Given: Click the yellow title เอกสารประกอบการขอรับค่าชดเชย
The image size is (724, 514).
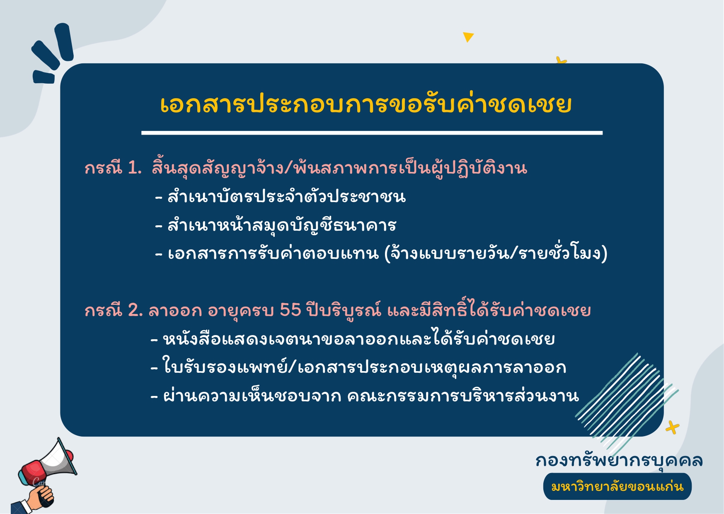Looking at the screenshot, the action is pyautogui.click(x=366, y=104).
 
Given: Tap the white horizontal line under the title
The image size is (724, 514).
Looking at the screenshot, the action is pyautogui.click(x=372, y=133).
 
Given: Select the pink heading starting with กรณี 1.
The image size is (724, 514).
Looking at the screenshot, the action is pyautogui.click(x=306, y=168).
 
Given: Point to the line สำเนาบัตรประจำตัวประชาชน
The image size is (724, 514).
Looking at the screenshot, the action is pyautogui.click(x=281, y=196).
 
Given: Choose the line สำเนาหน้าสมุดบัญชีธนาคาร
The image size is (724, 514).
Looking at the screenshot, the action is pyautogui.click(x=276, y=225).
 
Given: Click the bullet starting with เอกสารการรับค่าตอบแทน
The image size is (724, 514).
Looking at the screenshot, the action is pyautogui.click(x=381, y=253).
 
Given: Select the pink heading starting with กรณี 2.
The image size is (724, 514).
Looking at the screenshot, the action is pyautogui.click(x=338, y=310).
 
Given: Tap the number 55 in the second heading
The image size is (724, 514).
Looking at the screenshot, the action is pyautogui.click(x=291, y=310).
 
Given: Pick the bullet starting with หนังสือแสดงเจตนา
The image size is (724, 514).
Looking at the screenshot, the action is pyautogui.click(x=353, y=339).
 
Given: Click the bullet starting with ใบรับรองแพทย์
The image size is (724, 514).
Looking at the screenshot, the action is pyautogui.click(x=358, y=367).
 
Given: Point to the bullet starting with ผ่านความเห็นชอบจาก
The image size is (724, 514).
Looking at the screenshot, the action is pyautogui.click(x=365, y=396).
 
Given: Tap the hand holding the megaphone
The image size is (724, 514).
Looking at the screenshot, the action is pyautogui.click(x=39, y=496).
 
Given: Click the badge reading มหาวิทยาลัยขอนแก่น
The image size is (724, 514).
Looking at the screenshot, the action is pyautogui.click(x=617, y=486).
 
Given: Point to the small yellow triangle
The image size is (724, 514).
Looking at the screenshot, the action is pyautogui.click(x=468, y=36).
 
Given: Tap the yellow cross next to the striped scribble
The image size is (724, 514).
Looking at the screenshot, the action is pyautogui.click(x=672, y=427).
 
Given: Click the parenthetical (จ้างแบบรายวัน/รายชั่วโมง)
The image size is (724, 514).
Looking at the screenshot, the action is pyautogui.click(x=496, y=253).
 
